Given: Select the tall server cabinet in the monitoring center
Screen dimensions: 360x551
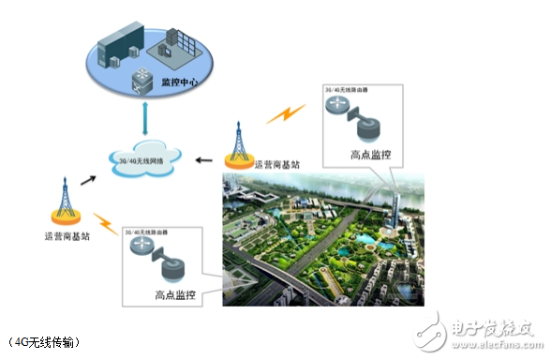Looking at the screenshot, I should [x=122, y=42].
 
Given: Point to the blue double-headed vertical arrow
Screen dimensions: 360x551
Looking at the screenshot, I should [x=145, y=119].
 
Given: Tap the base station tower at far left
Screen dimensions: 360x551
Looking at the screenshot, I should [x=66, y=195].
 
